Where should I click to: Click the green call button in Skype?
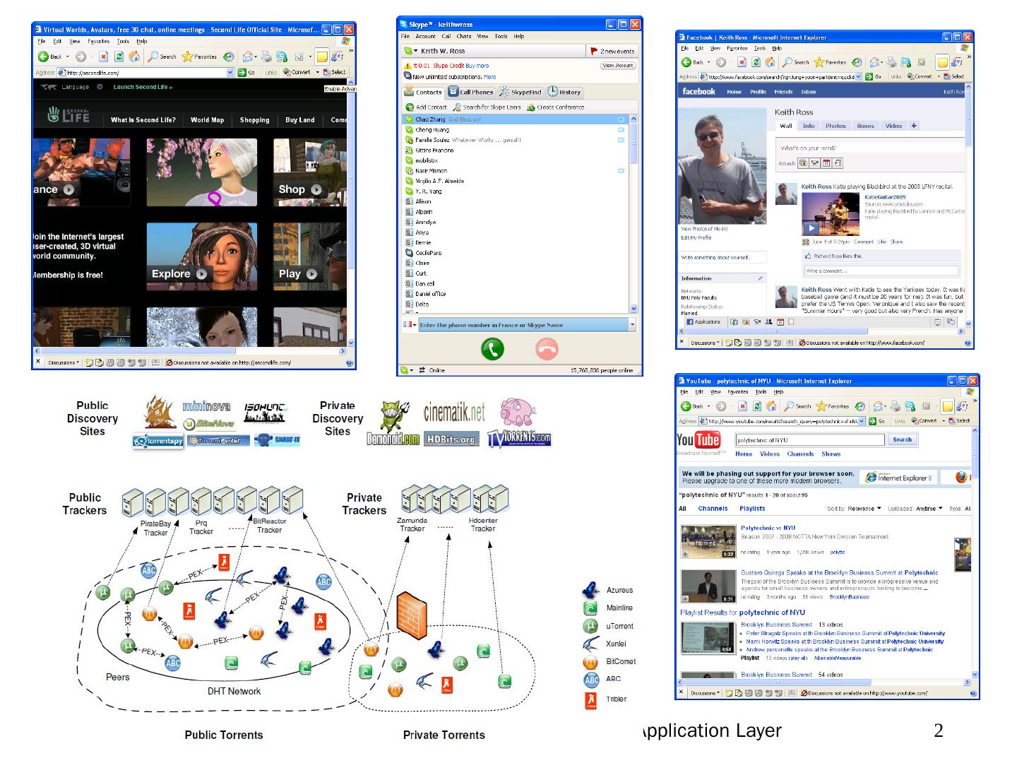(x=492, y=349)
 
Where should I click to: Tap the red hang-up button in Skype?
(x=547, y=349)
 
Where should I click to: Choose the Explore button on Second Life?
(x=179, y=274)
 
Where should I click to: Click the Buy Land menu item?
(x=299, y=120)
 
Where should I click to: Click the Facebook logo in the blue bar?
(x=698, y=92)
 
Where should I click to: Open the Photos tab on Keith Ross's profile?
(x=835, y=126)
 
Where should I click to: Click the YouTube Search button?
(x=902, y=439)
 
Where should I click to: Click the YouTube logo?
(x=698, y=440)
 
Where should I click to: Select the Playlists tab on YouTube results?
(x=752, y=509)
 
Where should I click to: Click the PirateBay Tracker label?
(x=155, y=528)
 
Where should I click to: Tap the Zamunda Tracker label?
(x=412, y=524)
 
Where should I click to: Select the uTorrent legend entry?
(x=619, y=626)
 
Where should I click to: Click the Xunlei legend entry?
(x=616, y=644)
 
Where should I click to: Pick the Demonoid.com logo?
(x=393, y=439)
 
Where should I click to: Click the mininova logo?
(x=206, y=406)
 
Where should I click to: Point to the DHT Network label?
(x=234, y=692)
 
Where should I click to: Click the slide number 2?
(x=938, y=731)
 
